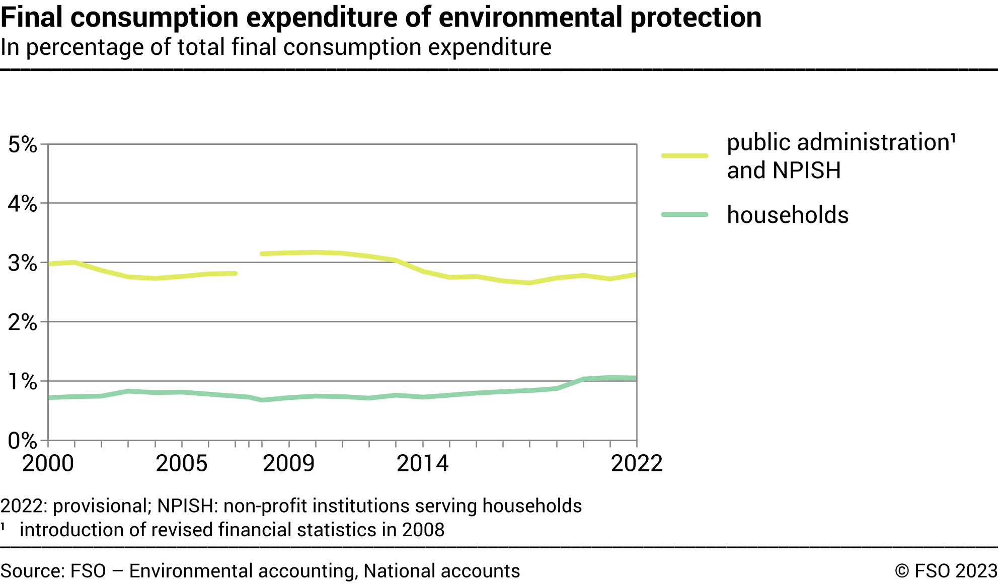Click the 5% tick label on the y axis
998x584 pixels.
point(23,145)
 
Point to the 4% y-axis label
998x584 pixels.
point(23,204)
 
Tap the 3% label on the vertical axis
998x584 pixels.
point(23,263)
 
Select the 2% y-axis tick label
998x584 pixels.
point(23,322)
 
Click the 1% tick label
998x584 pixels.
point(23,382)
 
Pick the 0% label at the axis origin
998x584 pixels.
point(23,441)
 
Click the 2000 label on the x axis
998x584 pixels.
point(48,463)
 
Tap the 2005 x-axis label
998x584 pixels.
point(182,463)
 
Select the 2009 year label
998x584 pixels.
point(289,463)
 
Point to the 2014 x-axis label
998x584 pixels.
point(422,463)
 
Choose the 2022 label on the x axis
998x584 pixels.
point(637,463)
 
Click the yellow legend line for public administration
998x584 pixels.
point(684,156)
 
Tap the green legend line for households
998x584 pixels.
point(684,215)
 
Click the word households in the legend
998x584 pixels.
point(788,215)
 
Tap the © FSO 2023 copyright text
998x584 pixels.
point(946,571)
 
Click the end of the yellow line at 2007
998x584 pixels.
point(235,274)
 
